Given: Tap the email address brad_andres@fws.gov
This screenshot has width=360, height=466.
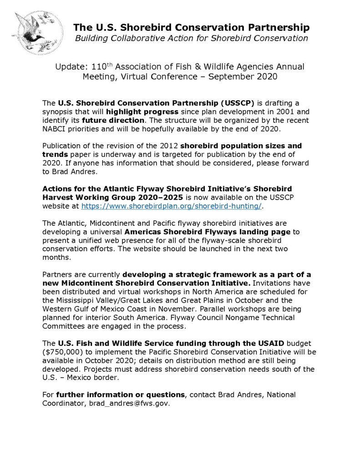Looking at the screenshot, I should pyautogui.click(x=126, y=404).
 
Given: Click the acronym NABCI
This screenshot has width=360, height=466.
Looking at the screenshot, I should pyautogui.click(x=54, y=129).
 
